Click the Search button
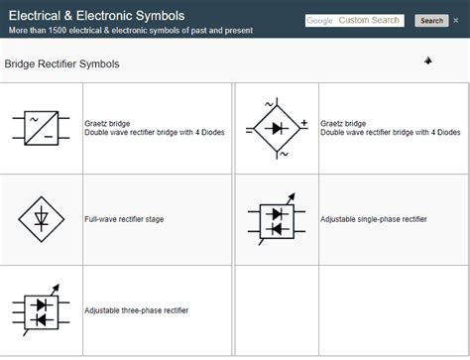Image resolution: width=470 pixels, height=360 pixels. click(x=431, y=21)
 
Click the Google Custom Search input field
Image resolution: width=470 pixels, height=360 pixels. click(x=355, y=21)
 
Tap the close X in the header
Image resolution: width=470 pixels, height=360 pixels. click(x=456, y=21)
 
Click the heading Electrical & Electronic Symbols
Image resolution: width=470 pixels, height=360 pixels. click(x=96, y=16)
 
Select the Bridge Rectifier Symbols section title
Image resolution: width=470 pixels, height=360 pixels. click(x=61, y=63)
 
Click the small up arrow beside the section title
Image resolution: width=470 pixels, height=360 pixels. click(x=428, y=60)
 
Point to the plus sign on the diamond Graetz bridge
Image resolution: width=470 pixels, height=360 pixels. click(x=304, y=123)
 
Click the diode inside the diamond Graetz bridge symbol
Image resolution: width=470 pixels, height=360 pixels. click(x=277, y=128)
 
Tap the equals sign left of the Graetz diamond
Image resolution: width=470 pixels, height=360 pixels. click(x=249, y=131)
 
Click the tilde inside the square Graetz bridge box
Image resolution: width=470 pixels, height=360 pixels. click(x=34, y=119)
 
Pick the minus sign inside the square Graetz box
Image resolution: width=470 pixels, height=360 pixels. click(x=49, y=136)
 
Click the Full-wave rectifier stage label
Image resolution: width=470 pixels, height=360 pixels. click(x=124, y=219)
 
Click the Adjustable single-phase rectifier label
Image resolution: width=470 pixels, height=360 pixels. click(x=374, y=219)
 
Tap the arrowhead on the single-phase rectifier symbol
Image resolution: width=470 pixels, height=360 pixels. click(x=292, y=196)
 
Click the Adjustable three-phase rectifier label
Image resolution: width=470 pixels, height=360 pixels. click(x=136, y=310)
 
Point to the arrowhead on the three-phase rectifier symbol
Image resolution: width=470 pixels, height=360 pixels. click(x=56, y=288)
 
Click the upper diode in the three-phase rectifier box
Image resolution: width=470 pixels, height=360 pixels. click(x=42, y=304)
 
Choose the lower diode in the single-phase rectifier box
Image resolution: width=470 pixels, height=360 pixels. click(x=277, y=229)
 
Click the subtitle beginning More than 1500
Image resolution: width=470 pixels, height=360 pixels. click(x=131, y=31)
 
